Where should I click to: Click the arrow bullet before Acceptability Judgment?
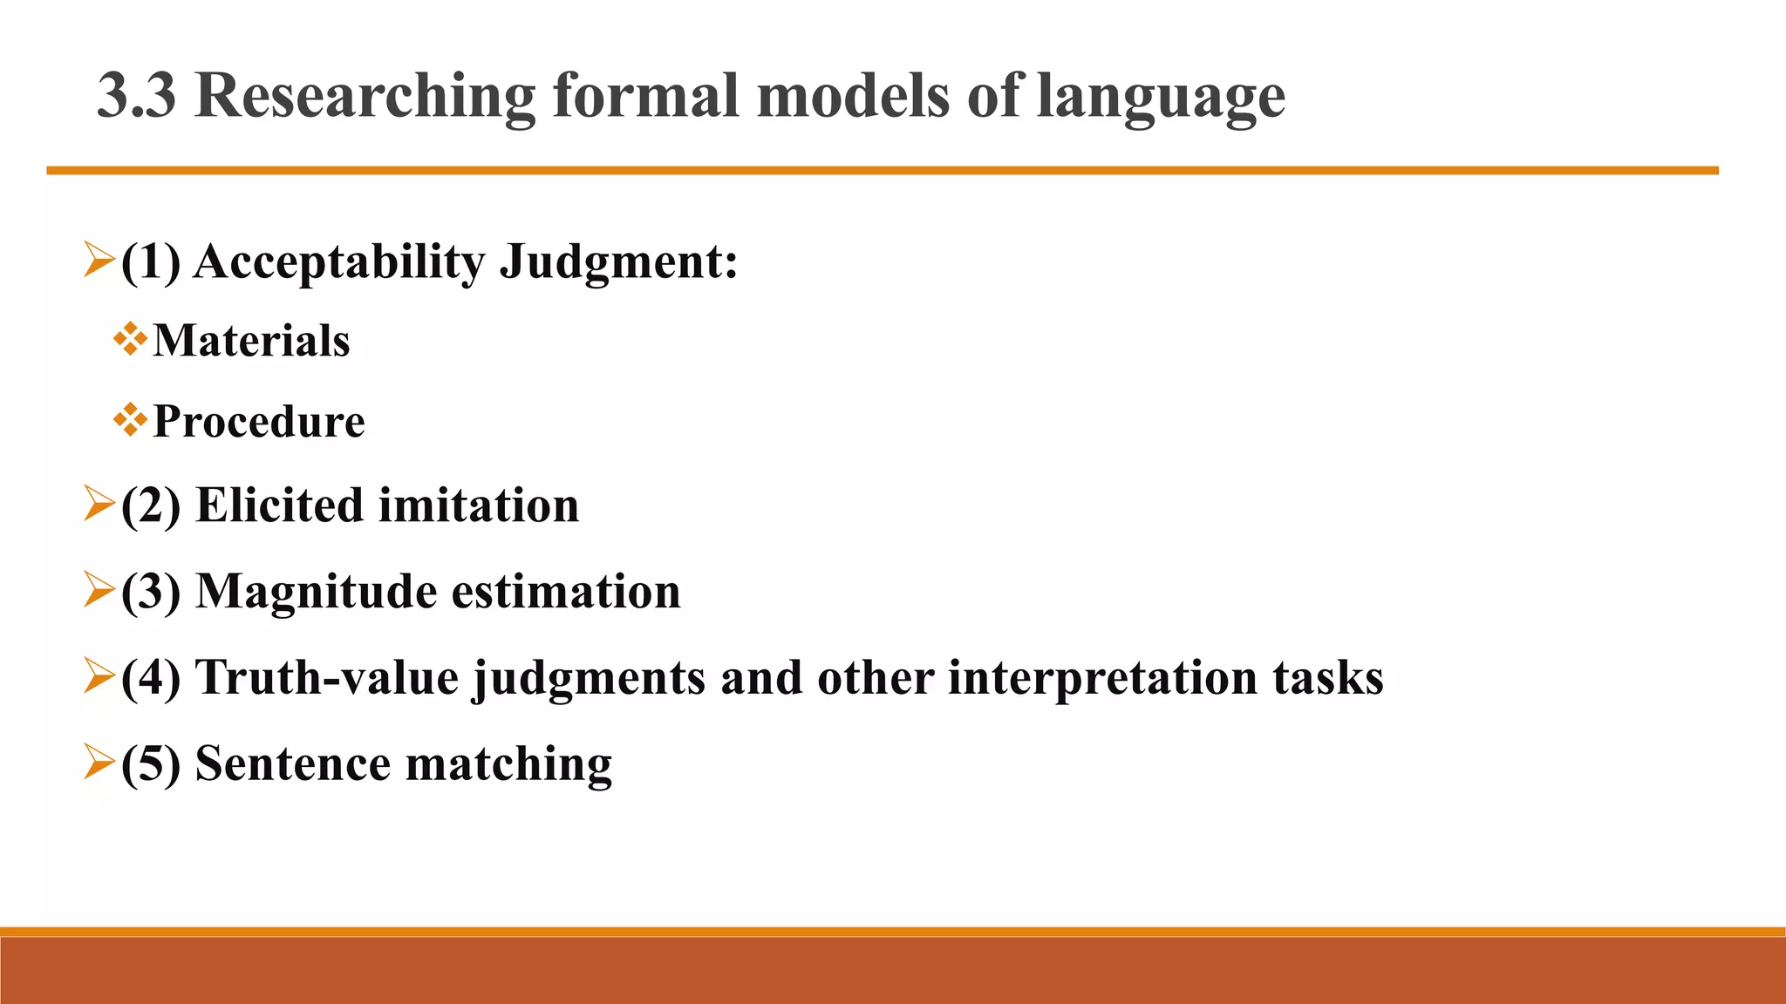coord(99,261)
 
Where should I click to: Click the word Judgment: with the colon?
coord(617,262)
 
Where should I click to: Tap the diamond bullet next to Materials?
coord(129,339)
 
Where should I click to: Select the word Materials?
coord(251,340)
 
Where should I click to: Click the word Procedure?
coord(258,422)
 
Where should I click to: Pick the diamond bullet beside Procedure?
coord(129,420)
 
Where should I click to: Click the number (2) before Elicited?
coord(151,505)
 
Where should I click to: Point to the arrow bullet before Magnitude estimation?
coord(99,590)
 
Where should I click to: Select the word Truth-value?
coord(326,678)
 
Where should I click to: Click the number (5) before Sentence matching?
coord(151,764)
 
